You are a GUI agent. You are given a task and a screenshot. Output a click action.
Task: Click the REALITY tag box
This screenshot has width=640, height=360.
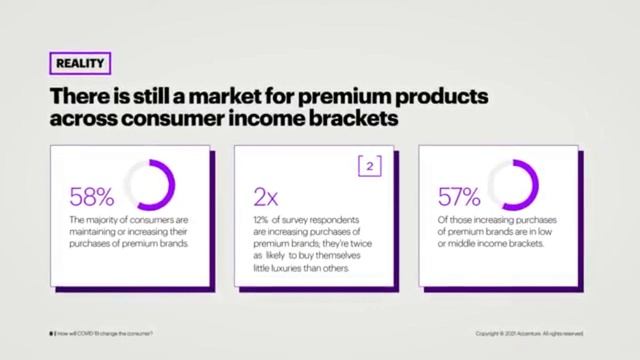(x=79, y=64)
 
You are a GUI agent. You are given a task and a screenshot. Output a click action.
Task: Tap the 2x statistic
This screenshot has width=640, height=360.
(x=267, y=196)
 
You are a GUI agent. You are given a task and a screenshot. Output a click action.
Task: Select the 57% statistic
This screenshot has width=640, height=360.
(x=459, y=196)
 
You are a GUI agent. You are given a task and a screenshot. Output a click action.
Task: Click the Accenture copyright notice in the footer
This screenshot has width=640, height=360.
(x=530, y=333)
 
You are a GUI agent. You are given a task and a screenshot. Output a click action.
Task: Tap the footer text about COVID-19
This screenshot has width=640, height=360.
(x=104, y=333)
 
